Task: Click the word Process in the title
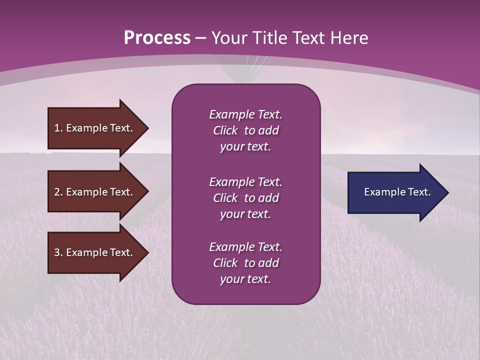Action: point(157,38)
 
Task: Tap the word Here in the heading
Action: point(348,38)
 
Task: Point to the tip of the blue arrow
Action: point(447,192)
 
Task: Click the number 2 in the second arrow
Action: point(57,192)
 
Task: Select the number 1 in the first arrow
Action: point(57,128)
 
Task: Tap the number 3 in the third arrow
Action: point(57,252)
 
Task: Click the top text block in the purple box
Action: point(245,130)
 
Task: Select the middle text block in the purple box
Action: point(245,198)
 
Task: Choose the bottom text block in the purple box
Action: point(245,263)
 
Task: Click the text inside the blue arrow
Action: point(397,192)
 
